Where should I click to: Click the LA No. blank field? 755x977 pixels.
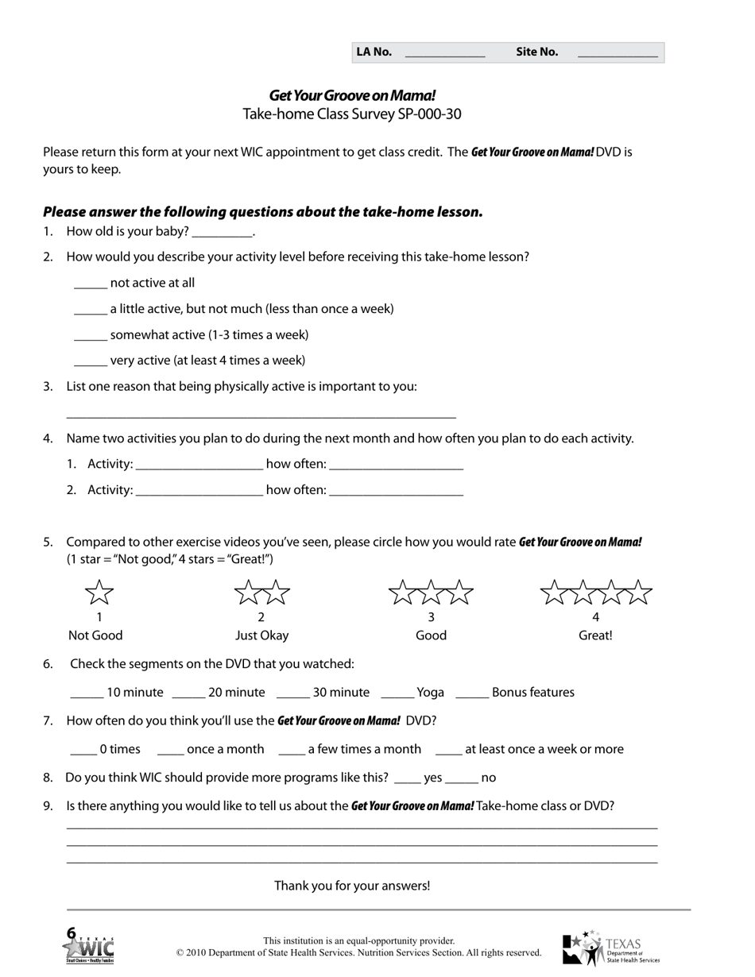click(x=444, y=53)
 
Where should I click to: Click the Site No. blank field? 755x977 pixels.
click(x=617, y=53)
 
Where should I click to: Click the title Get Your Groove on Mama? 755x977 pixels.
click(x=352, y=95)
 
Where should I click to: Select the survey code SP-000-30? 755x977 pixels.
click(x=428, y=114)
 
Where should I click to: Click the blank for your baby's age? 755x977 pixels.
click(x=222, y=232)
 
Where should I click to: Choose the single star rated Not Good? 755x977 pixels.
click(x=99, y=593)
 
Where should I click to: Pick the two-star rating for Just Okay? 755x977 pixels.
click(x=261, y=593)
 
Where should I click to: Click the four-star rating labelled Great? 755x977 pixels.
click(x=596, y=593)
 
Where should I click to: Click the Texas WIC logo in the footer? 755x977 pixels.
click(x=89, y=947)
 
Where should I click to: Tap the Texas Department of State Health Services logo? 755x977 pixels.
click(x=610, y=948)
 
